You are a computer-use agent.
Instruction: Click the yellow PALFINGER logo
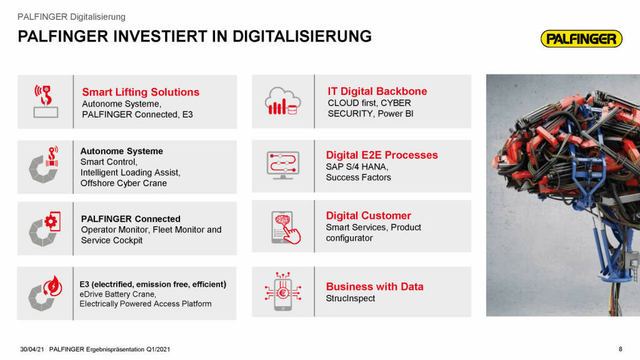[581, 39]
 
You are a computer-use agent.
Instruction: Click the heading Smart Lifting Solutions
[141, 92]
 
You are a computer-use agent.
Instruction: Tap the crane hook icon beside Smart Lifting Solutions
[46, 101]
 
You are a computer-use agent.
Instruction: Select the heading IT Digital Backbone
[377, 91]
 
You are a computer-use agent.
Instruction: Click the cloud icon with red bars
[283, 101]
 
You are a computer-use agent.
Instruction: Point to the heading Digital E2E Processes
[382, 155]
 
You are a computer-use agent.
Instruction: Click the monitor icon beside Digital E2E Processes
[283, 165]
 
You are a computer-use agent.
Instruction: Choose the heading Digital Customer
[368, 216]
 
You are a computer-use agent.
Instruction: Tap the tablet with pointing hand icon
[286, 227]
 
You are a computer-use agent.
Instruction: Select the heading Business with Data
[375, 286]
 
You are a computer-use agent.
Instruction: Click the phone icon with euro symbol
[283, 291]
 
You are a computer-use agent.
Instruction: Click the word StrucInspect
[350, 298]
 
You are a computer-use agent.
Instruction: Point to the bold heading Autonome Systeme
[122, 151]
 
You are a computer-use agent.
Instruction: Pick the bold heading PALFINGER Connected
[131, 219]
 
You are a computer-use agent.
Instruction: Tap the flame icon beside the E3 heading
[52, 286]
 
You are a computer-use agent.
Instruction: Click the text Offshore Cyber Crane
[124, 183]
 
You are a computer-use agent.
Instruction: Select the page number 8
[621, 349]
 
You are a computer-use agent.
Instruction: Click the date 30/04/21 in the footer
[32, 349]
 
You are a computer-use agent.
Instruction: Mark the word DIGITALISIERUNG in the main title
[302, 36]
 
